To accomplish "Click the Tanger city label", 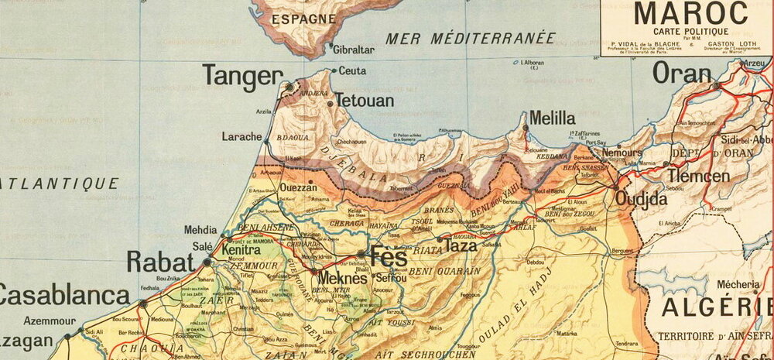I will point(241,75).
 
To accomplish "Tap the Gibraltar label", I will point(354,50).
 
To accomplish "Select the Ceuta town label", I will point(353,71).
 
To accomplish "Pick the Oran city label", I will point(682,74).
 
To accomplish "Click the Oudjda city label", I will point(642,198).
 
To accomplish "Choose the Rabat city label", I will point(160,262).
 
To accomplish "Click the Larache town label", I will point(242,136).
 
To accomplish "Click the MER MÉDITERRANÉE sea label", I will point(471,37).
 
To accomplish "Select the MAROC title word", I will point(691,13).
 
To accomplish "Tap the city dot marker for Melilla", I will point(526,127).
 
